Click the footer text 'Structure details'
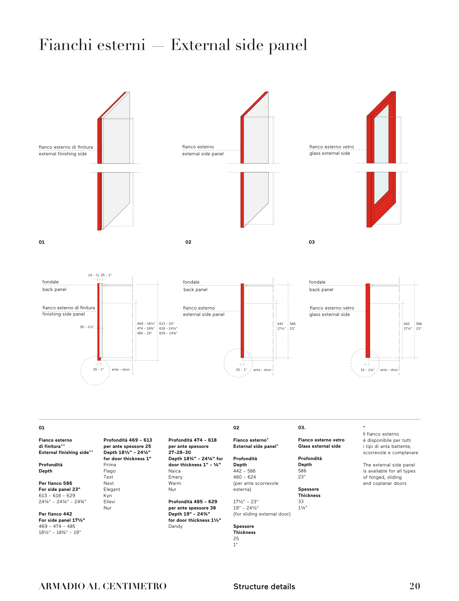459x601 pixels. tap(264, 586)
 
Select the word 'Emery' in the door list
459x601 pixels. tap(175, 477)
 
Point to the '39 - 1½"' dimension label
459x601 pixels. tap(87, 327)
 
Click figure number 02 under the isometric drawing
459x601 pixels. tap(188, 242)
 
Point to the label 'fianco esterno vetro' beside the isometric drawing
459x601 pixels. tap(331, 147)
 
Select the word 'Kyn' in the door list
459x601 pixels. tap(107, 496)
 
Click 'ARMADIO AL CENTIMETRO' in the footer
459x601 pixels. tap(102, 586)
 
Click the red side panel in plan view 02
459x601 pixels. tap(242, 321)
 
